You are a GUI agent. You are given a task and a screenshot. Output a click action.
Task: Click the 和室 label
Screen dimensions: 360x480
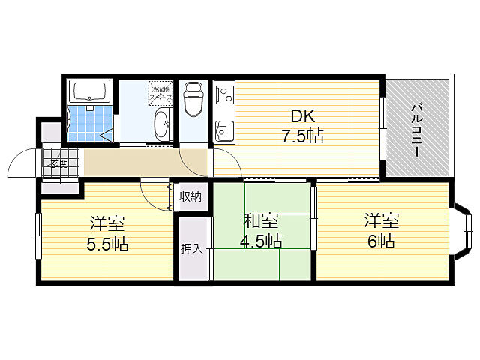262,221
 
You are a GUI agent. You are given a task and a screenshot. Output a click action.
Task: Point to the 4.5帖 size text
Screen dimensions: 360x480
262,241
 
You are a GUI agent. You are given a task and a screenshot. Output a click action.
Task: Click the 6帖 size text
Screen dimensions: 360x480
381,241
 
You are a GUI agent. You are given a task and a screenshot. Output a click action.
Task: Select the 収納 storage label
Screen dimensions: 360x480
190,197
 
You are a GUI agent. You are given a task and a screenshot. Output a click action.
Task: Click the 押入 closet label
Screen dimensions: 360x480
191,247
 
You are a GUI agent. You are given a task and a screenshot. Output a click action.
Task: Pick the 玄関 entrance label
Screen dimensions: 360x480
59,163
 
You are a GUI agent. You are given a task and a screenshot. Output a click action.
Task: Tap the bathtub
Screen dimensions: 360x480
91,93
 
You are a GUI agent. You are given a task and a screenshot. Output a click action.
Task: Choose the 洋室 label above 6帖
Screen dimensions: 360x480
381,220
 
